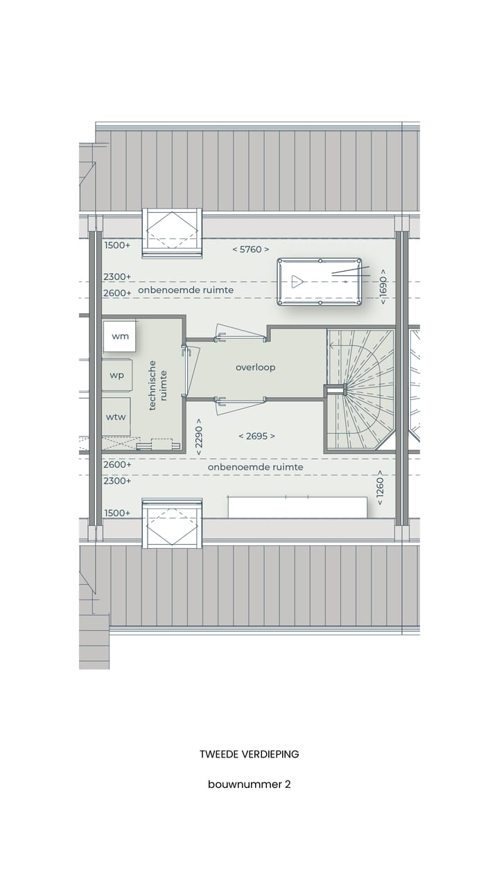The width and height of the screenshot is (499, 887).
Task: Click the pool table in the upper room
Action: click(x=319, y=281)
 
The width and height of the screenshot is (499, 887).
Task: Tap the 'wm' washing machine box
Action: click(x=119, y=337)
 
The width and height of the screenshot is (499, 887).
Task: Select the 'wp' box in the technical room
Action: click(x=117, y=376)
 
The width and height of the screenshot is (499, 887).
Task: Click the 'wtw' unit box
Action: click(x=116, y=416)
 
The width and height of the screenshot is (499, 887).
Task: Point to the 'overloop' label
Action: click(x=255, y=367)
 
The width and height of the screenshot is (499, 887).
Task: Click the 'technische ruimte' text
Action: click(x=157, y=385)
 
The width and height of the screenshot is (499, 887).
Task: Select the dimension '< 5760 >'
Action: click(x=250, y=249)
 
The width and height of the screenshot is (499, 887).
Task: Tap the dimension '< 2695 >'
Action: click(x=256, y=436)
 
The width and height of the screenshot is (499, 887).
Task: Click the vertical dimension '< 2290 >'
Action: click(x=199, y=436)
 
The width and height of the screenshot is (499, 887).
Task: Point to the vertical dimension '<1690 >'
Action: click(x=383, y=286)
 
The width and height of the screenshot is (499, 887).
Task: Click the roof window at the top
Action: click(x=172, y=232)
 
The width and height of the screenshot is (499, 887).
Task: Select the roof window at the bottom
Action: click(x=172, y=523)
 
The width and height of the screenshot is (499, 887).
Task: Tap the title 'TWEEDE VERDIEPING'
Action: click(x=249, y=754)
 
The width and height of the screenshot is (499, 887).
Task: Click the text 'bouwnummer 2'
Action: click(x=249, y=784)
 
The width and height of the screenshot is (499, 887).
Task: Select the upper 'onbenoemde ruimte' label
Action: click(x=185, y=290)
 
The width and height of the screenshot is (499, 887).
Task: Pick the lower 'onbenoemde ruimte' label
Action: click(x=255, y=468)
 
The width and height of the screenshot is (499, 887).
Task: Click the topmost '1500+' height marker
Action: click(x=117, y=245)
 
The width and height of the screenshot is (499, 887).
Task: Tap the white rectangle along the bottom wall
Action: click(x=297, y=507)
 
